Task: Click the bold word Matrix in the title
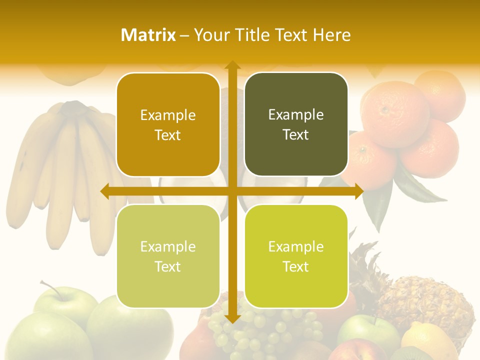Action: point(148,35)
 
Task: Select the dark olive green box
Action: point(296,124)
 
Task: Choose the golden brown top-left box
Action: point(168,124)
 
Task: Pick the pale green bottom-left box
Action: point(168,256)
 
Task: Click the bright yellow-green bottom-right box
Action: point(296,256)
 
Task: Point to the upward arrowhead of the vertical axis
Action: point(232,65)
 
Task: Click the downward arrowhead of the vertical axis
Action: point(232,318)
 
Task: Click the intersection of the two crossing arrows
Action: point(232,191)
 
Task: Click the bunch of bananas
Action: point(60,170)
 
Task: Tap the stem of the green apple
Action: point(50,287)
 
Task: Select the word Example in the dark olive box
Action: point(296,114)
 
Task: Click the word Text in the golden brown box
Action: point(168,135)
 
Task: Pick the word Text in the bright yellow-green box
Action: point(296,266)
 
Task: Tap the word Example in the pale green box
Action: point(168,246)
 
